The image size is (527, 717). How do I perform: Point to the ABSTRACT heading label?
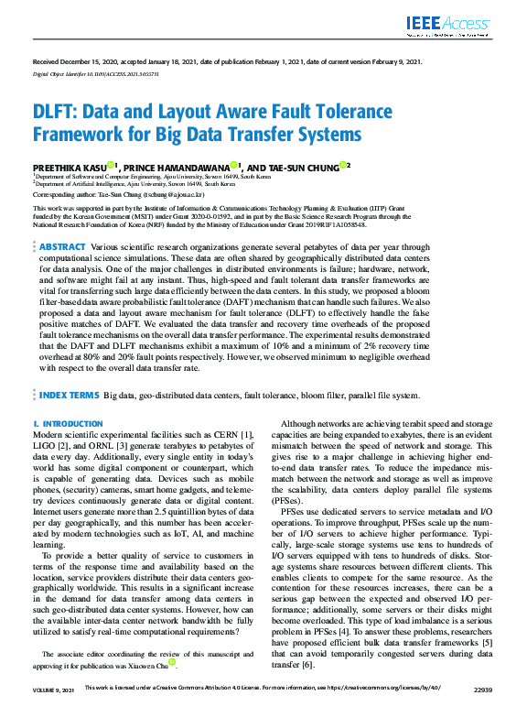pos(62,247)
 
